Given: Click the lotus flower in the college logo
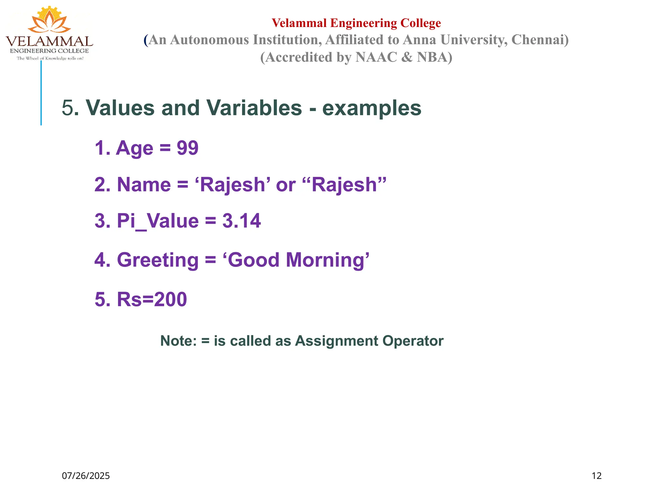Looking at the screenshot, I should click(49, 20).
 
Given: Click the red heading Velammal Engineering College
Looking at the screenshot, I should click(356, 23).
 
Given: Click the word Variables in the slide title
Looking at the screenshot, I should click(254, 108).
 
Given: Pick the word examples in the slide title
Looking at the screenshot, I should click(372, 108).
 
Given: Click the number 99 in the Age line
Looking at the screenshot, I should click(188, 148).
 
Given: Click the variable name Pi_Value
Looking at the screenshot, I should click(157, 221).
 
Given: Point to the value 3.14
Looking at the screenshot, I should click(241, 221).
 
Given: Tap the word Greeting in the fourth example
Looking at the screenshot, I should click(158, 260).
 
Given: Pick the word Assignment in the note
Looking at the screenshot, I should click(336, 341).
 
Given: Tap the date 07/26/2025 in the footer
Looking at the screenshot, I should click(86, 476).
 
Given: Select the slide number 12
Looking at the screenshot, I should click(596, 476).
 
